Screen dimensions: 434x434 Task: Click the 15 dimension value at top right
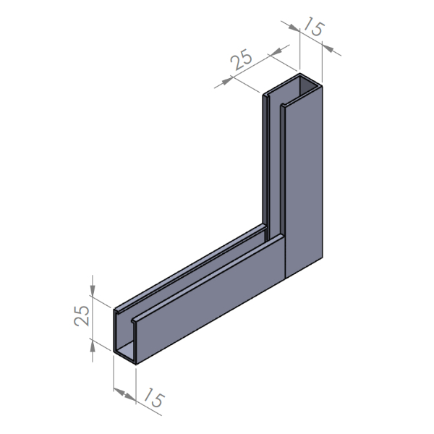(314, 27)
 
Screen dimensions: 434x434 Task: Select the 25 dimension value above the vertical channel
(241, 59)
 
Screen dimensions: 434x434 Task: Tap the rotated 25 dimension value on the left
(82, 315)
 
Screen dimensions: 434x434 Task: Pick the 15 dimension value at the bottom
(153, 398)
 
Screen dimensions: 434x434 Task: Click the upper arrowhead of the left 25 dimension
(93, 290)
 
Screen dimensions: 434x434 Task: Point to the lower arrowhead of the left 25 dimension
(93, 346)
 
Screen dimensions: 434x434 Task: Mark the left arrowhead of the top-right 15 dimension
(294, 27)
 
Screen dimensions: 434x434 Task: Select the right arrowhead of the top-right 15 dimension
(328, 48)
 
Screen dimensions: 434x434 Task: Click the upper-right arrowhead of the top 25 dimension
(276, 51)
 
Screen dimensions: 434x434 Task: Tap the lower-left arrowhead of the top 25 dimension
(226, 81)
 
